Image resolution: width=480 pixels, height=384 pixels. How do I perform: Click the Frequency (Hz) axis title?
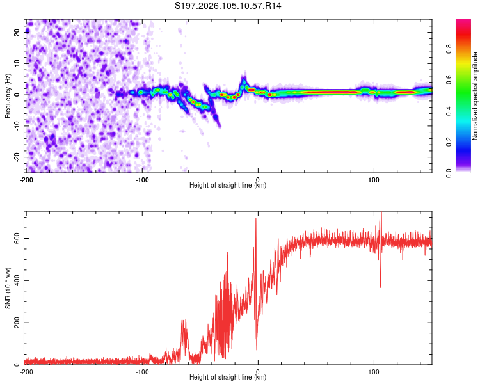(8, 95)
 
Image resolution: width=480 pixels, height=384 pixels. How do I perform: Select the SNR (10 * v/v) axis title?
(8, 287)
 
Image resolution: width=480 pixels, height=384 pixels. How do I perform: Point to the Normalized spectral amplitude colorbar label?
(476, 96)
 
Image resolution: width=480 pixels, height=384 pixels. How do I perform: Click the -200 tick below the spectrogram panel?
(26, 179)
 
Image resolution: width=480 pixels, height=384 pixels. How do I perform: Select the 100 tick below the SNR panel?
(374, 371)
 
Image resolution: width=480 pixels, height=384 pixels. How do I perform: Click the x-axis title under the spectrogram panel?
(228, 186)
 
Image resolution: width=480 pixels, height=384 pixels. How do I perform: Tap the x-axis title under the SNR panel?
(228, 378)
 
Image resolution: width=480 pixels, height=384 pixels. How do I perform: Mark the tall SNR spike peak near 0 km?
(256, 219)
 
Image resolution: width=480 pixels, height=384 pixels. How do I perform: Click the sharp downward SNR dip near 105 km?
(381, 287)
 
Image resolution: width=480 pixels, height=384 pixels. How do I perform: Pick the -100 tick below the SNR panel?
(141, 371)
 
